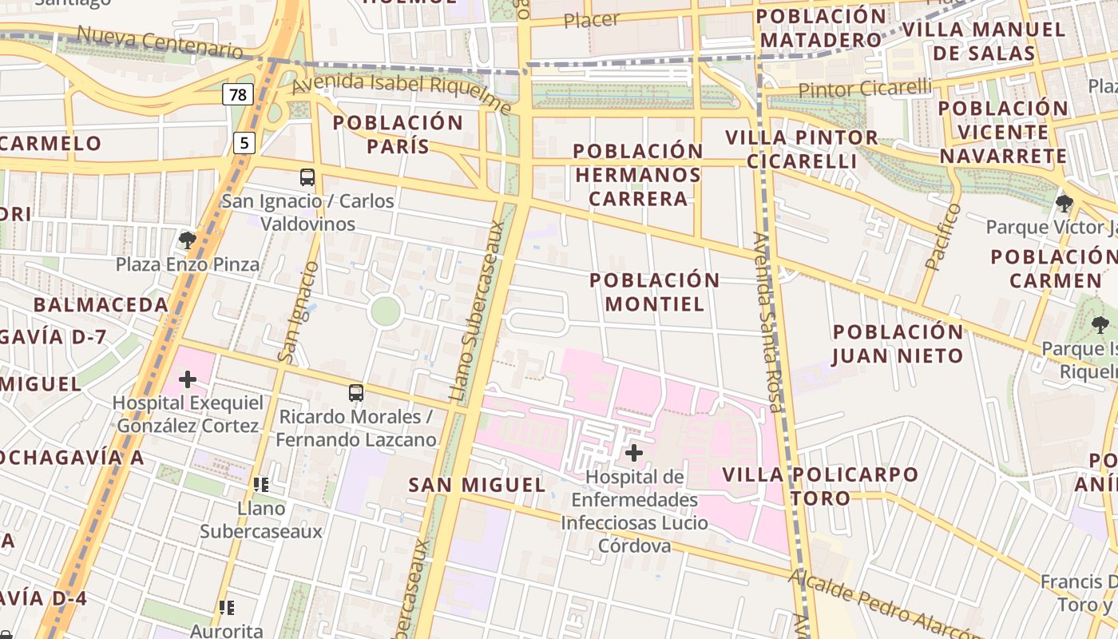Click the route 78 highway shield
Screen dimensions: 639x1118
point(238,95)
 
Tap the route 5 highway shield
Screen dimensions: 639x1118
point(244,143)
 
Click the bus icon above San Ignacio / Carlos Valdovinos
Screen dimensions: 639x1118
point(307,177)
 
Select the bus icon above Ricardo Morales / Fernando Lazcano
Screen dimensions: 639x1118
point(356,393)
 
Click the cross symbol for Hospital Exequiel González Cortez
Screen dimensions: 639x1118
point(188,379)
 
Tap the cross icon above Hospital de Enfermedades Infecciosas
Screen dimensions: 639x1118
point(634,453)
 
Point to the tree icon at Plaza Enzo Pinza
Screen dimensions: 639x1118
point(188,240)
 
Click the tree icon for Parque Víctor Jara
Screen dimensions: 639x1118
point(1064,203)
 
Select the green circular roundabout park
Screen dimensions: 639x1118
point(385,312)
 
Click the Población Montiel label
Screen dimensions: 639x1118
point(655,292)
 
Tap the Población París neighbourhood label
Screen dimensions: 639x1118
point(398,134)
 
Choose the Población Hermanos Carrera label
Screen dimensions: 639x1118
point(638,174)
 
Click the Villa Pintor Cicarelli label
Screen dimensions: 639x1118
point(802,149)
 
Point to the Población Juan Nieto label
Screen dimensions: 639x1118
point(898,343)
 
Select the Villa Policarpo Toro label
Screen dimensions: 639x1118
point(820,486)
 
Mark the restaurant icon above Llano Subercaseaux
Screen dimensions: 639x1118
point(260,484)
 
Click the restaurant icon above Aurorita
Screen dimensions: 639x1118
point(227,608)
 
